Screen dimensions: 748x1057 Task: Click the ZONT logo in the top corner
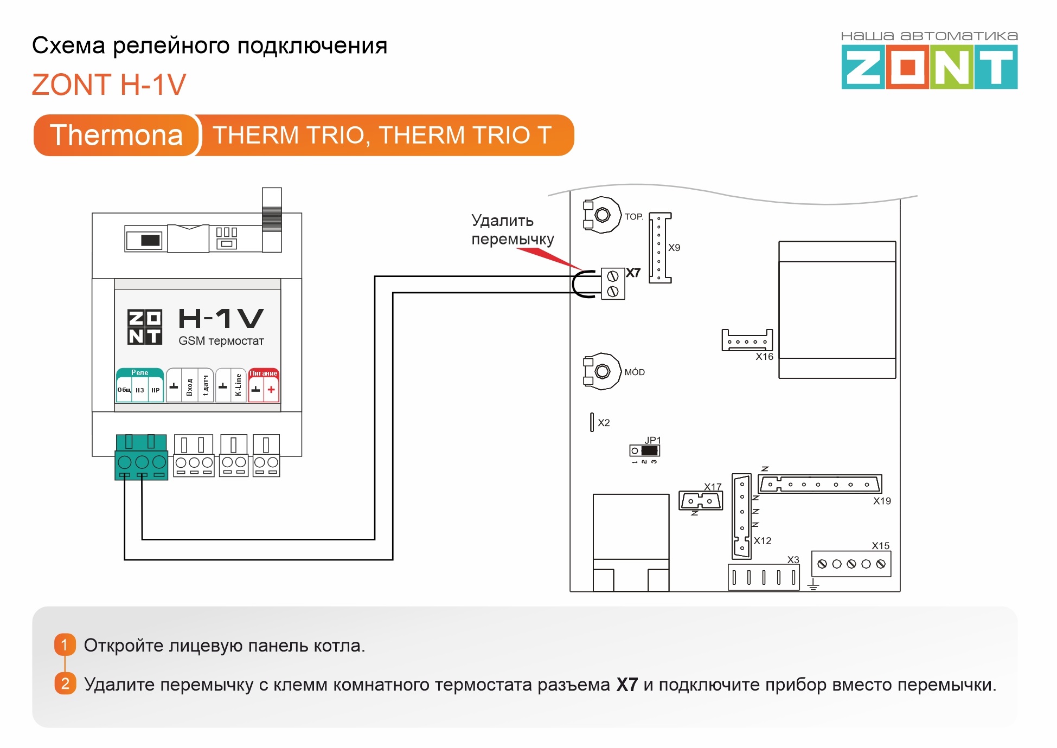point(929,67)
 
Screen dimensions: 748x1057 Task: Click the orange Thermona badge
point(116,135)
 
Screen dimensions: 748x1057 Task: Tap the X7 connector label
point(633,273)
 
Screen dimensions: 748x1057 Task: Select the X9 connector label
point(674,248)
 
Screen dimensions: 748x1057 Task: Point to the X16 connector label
point(764,357)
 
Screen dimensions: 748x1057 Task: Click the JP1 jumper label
point(652,440)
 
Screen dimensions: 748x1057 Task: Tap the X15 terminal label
point(880,546)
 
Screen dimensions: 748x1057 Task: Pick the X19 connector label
point(882,501)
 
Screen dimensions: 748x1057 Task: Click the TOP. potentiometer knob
point(603,215)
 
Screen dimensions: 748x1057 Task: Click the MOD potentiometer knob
point(603,371)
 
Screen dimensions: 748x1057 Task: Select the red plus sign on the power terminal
point(271,389)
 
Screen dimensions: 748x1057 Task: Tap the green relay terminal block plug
point(141,458)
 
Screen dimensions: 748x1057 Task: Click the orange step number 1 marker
point(65,644)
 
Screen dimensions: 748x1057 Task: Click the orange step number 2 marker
point(65,683)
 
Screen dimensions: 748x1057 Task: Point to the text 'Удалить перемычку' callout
point(512,230)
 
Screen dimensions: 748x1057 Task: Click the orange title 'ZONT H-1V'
point(109,85)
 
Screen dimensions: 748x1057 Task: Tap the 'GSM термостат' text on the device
point(221,341)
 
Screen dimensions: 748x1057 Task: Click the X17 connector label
point(713,487)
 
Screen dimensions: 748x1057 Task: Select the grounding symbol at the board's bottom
point(813,585)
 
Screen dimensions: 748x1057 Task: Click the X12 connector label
point(762,540)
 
